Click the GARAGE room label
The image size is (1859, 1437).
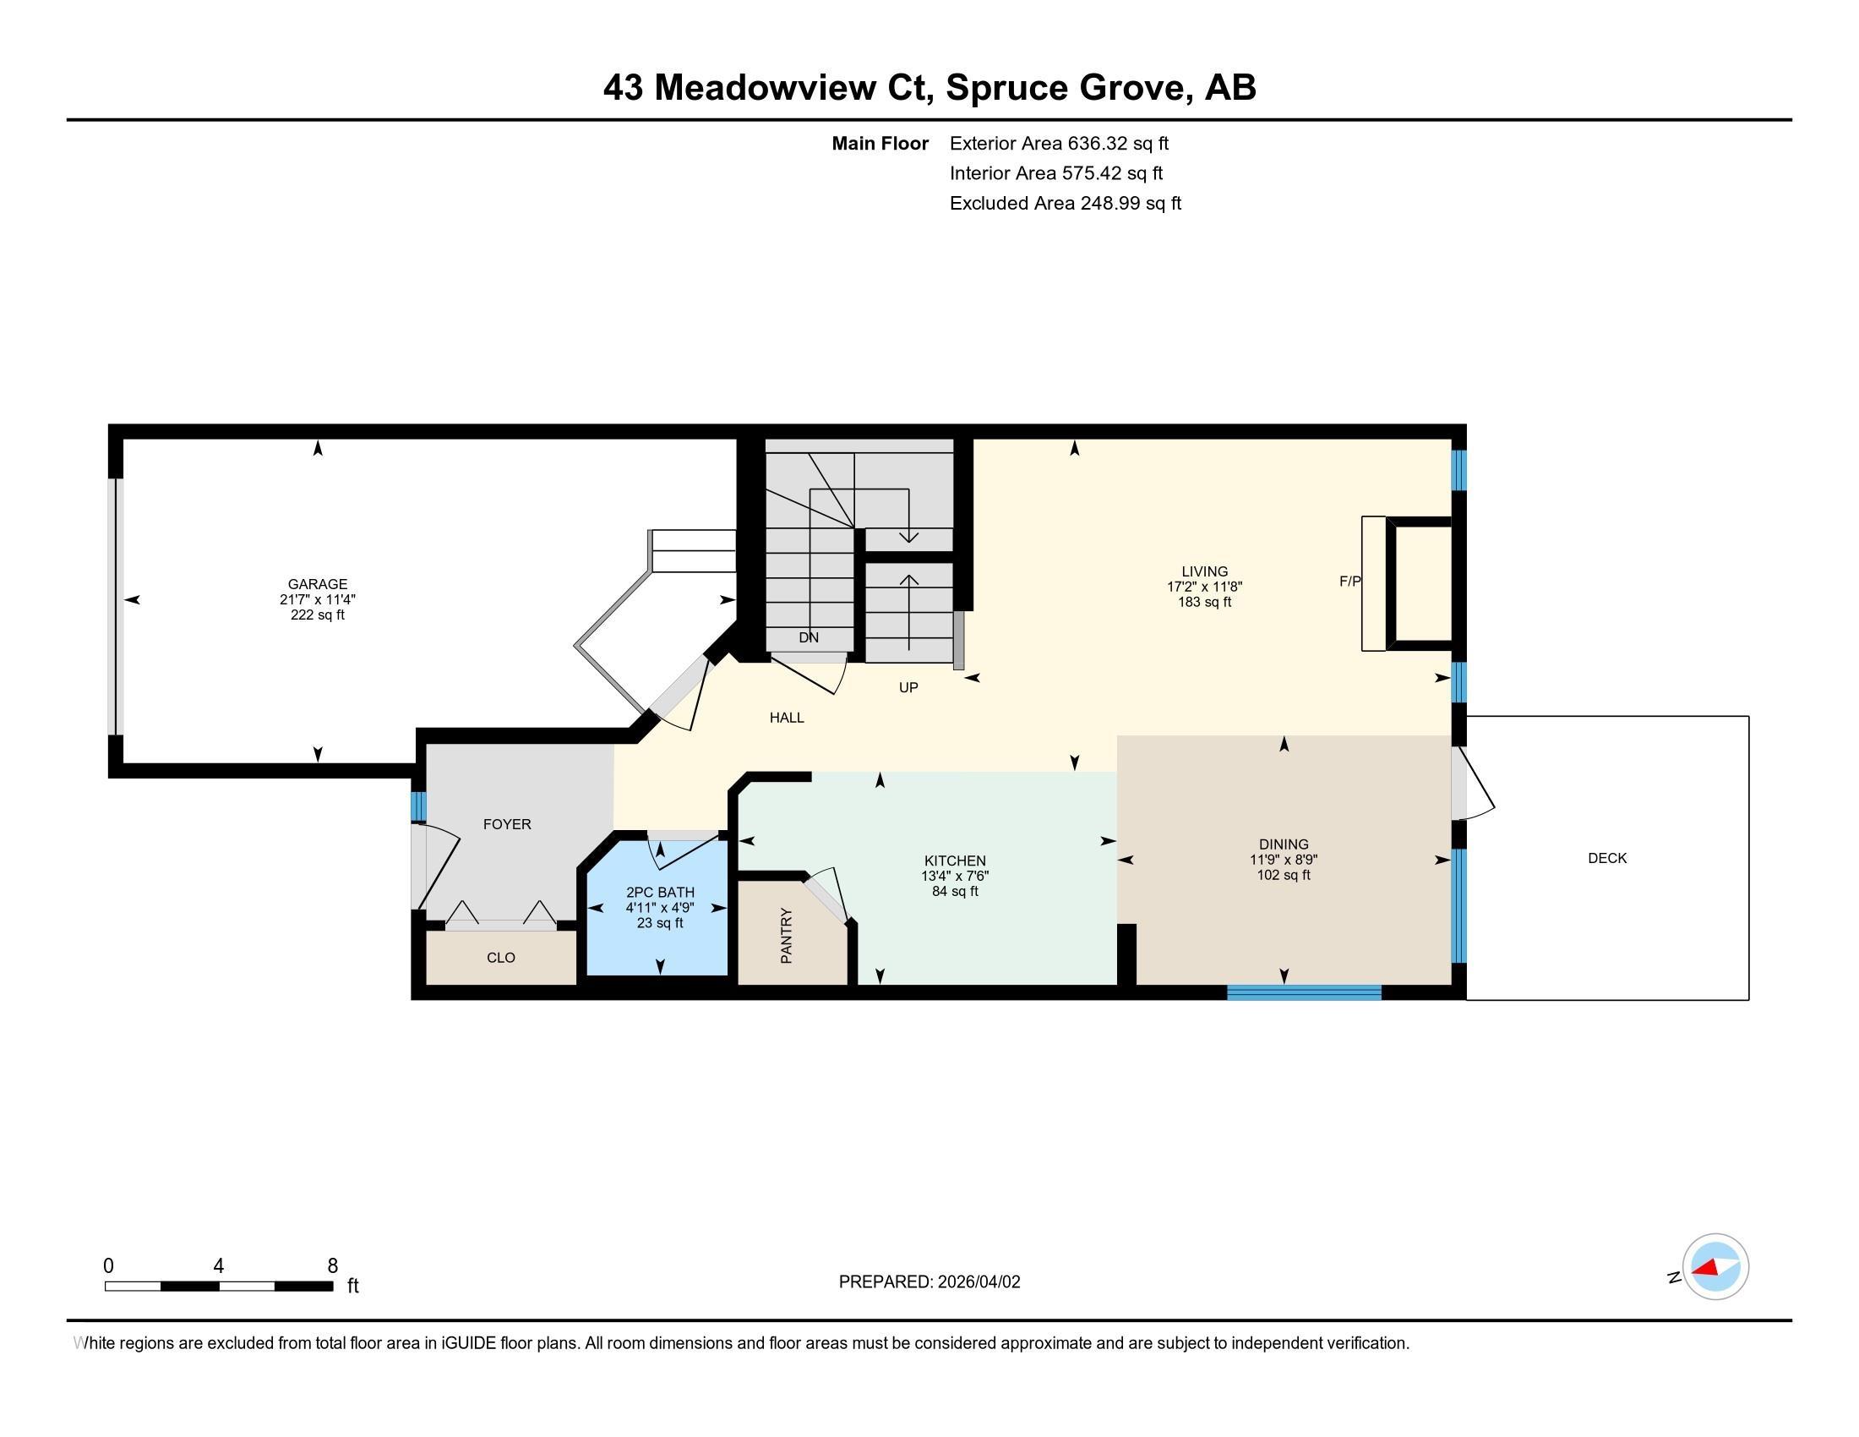[318, 584]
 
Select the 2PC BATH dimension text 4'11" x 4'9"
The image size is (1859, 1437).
[660, 908]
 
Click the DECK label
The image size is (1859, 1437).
[1607, 858]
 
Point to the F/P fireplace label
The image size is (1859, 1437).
[1350, 582]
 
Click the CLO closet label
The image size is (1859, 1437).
[500, 958]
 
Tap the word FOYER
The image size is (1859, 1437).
[506, 824]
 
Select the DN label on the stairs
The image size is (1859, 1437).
[809, 637]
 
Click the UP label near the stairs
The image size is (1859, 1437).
[908, 687]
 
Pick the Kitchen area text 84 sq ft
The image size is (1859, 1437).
[955, 891]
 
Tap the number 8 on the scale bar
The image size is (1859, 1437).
[333, 1265]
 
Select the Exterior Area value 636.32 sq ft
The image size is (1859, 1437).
[1118, 144]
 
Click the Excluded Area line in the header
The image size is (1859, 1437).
[1065, 204]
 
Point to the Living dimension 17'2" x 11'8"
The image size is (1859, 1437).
[1204, 587]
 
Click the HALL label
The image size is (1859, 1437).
[787, 718]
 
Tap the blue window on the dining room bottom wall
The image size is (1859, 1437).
[1303, 992]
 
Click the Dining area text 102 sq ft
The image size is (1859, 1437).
[1284, 875]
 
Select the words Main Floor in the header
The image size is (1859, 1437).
[880, 144]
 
